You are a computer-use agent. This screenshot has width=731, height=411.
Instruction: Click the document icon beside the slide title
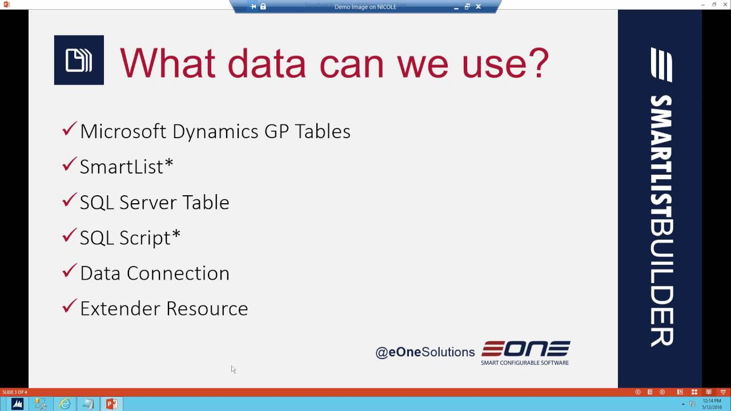[79, 60]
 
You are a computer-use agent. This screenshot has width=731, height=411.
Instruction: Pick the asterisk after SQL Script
[176, 234]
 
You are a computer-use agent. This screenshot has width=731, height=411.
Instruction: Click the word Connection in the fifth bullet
[178, 273]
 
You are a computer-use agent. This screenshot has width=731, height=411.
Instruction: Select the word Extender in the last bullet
[120, 309]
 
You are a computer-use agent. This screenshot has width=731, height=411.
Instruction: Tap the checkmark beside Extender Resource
[69, 307]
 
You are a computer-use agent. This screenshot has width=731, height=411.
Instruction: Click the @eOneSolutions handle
[425, 352]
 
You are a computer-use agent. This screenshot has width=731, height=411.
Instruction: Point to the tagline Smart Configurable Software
[525, 362]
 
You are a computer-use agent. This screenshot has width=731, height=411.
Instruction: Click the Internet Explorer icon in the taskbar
[65, 404]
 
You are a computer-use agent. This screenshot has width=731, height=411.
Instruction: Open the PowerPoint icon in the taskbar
[111, 404]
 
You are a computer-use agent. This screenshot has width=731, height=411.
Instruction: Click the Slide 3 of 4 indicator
[15, 392]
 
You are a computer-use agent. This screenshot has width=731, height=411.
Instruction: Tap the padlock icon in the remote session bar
[263, 6]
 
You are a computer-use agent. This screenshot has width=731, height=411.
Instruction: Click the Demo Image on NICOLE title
[365, 7]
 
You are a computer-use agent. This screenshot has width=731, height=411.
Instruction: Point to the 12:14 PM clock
[712, 401]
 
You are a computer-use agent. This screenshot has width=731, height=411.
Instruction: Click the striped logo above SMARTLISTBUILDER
[661, 65]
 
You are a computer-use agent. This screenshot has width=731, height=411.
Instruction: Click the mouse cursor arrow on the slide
[234, 369]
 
